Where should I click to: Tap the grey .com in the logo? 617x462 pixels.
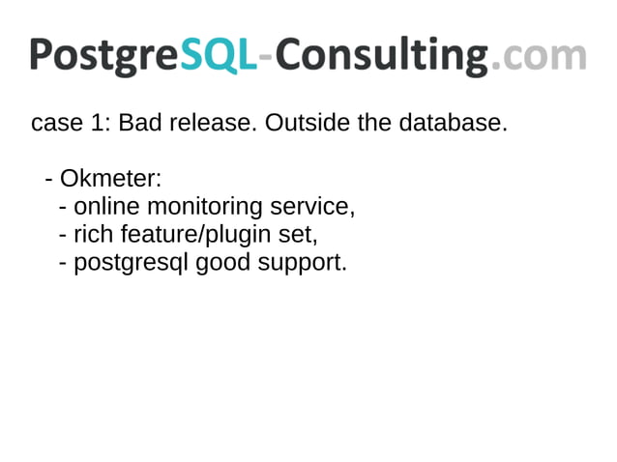[539, 55]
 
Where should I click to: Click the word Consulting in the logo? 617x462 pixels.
[379, 55]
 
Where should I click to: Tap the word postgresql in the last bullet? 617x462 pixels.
[131, 264]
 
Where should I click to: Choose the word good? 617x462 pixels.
[223, 264]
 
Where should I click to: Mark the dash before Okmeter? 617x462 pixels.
[49, 181]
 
